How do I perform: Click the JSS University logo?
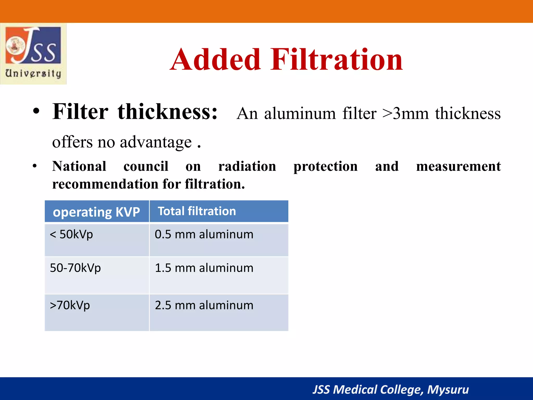pyautogui.click(x=33, y=53)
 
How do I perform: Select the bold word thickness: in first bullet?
pyautogui.click(x=167, y=112)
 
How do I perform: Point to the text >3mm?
pyautogui.click(x=405, y=114)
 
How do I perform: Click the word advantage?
pyautogui.click(x=156, y=142)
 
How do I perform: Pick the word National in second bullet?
pyautogui.click(x=79, y=166)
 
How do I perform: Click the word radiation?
pyautogui.click(x=247, y=166)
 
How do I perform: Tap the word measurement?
pyautogui.click(x=458, y=166)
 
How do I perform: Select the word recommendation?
pyautogui.click(x=105, y=184)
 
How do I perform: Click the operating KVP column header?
pyautogui.click(x=96, y=212)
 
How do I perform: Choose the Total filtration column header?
pyautogui.click(x=197, y=211)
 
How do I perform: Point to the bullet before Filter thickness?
pyautogui.click(x=36, y=112)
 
